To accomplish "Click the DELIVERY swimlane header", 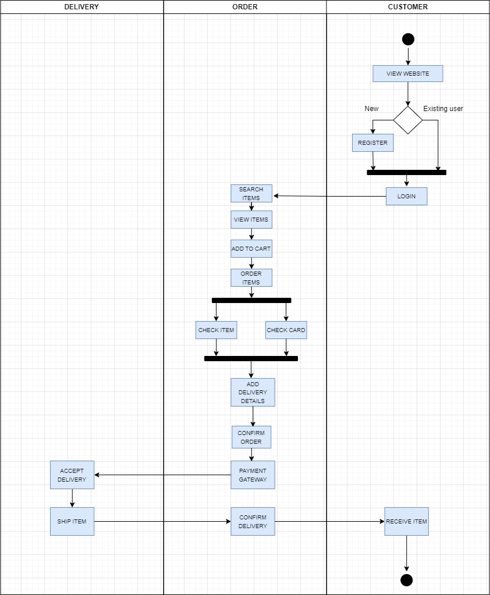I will [81, 7].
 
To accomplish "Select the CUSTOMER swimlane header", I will [407, 7].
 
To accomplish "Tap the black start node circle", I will [408, 40].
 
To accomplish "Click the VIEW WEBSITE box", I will [408, 74].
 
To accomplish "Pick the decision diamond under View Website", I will [408, 120].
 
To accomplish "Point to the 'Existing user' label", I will [443, 109].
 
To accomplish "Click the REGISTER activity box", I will [372, 143].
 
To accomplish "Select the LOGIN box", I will [406, 197].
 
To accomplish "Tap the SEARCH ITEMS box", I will [251, 194].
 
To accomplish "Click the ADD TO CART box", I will [251, 249].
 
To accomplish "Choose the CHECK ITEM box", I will [216, 330].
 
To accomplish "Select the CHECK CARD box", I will [286, 330].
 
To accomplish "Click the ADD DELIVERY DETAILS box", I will [253, 393].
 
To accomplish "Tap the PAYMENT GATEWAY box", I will [253, 475].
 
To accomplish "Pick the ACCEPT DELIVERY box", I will [72, 475].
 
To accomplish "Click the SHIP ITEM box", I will [72, 522].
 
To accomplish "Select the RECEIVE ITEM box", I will [406, 522].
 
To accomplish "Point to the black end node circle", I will [407, 580].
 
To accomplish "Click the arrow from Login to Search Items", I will [329, 196].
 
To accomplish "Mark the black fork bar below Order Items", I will [251, 301].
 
